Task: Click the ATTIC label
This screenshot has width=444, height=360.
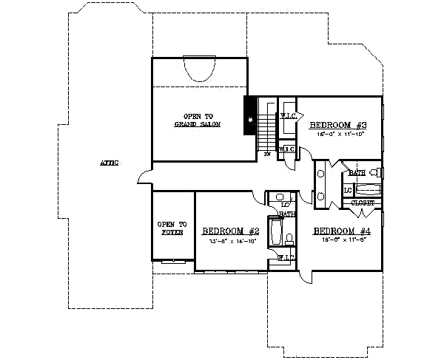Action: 109,163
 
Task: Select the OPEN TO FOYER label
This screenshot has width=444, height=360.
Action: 172,228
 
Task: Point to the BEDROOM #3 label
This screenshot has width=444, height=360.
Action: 333,126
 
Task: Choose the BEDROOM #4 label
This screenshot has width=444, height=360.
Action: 340,230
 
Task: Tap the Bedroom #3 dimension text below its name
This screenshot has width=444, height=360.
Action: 333,135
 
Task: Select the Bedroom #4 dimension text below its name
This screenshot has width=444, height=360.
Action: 339,240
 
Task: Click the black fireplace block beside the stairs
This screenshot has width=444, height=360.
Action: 250,117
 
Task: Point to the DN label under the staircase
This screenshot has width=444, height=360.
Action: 267,156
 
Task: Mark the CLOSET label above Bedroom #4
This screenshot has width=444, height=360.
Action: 363,202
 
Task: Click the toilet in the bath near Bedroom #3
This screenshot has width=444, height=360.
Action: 375,174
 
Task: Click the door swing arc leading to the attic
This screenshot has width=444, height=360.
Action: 144,178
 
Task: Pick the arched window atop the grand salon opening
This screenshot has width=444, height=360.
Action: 198,71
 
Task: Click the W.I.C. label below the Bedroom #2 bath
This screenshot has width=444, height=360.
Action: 286,257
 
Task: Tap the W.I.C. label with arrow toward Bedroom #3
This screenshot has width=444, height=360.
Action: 288,116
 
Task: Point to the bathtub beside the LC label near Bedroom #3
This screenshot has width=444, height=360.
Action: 367,189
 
